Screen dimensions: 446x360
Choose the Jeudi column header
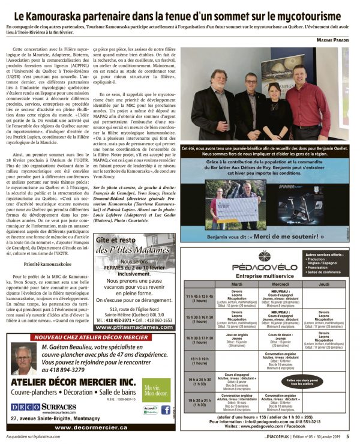323,284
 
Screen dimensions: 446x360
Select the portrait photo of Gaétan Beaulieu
24,360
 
